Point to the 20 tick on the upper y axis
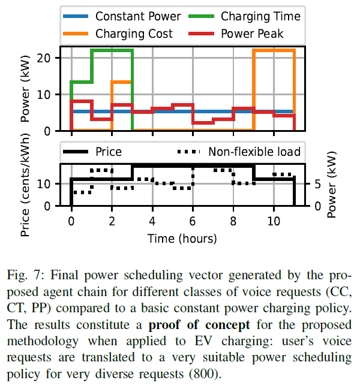50,58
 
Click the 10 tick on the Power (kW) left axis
50,95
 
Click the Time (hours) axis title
182,238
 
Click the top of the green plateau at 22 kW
112,50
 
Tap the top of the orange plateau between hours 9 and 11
274,50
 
